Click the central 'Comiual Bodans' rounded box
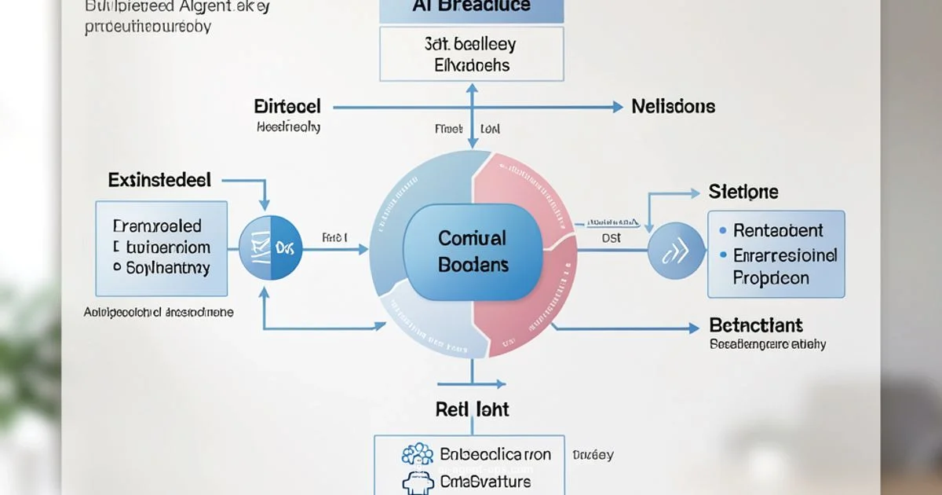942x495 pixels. click(472, 251)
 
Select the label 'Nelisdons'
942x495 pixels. click(673, 106)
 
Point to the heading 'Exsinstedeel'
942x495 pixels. click(159, 180)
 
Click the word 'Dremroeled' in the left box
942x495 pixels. click(157, 226)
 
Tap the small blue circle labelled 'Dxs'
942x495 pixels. click(270, 250)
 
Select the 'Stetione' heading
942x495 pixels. click(743, 191)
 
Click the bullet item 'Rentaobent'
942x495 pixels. click(777, 231)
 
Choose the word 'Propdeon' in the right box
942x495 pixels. click(771, 278)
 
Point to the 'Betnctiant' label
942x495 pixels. click(755, 325)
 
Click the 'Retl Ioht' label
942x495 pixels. click(472, 409)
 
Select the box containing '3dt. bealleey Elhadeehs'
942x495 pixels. click(471, 55)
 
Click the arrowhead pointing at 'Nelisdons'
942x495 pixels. click(618, 106)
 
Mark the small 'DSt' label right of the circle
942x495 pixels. click(610, 236)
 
